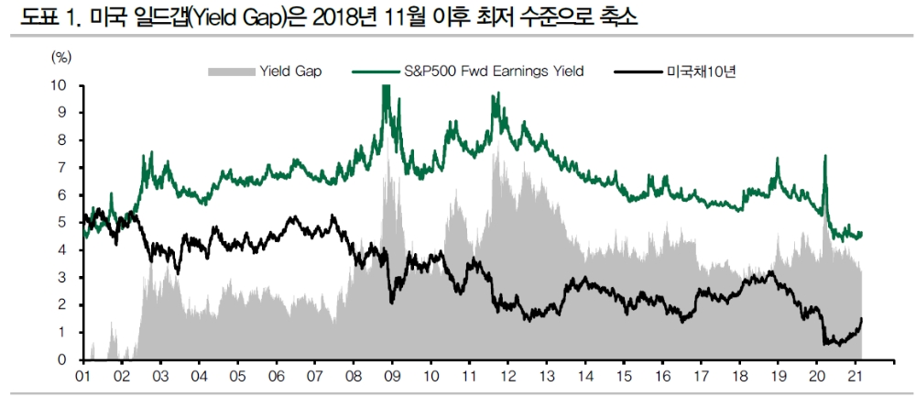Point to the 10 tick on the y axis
60,85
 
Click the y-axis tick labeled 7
63,168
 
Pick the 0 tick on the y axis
63,360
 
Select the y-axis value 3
63,278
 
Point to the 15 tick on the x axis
624,377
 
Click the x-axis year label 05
237,377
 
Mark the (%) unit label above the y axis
60,56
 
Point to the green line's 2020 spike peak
825,157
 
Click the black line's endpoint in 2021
862,318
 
